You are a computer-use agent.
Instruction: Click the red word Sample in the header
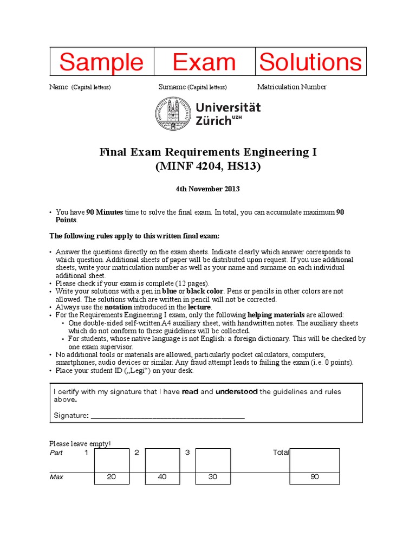pyautogui.click(x=101, y=62)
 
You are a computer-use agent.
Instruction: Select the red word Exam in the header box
pyautogui.click(x=204, y=62)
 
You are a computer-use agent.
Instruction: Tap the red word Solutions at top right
pyautogui.click(x=310, y=62)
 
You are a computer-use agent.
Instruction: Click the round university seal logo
pyautogui.click(x=174, y=114)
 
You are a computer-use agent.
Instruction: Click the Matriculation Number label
pyautogui.click(x=291, y=87)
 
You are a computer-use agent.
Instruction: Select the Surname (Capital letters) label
pyautogui.click(x=192, y=87)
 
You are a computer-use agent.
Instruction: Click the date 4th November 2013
pyautogui.click(x=207, y=189)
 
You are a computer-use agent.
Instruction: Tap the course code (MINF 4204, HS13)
pyautogui.click(x=208, y=167)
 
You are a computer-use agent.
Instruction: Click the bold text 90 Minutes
pyautogui.click(x=105, y=212)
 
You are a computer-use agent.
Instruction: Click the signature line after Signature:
pyautogui.click(x=167, y=416)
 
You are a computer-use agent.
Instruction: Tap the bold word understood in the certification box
pyautogui.click(x=236, y=391)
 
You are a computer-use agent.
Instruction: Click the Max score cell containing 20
pyautogui.click(x=112, y=477)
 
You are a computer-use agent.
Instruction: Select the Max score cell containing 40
pyautogui.click(x=162, y=477)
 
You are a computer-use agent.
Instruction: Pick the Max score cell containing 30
pyautogui.click(x=213, y=477)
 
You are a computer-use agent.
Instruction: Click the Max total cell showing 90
pyautogui.click(x=315, y=477)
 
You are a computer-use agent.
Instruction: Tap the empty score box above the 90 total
pyautogui.click(x=315, y=460)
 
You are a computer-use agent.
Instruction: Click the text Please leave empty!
pyautogui.click(x=80, y=443)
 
